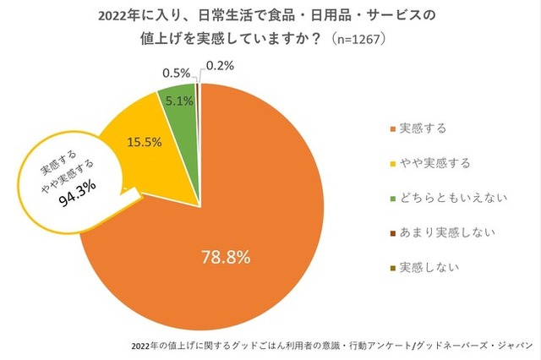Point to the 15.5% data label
coord(144,141)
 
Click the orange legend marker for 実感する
coord(391,129)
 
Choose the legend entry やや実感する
coord(434,162)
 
